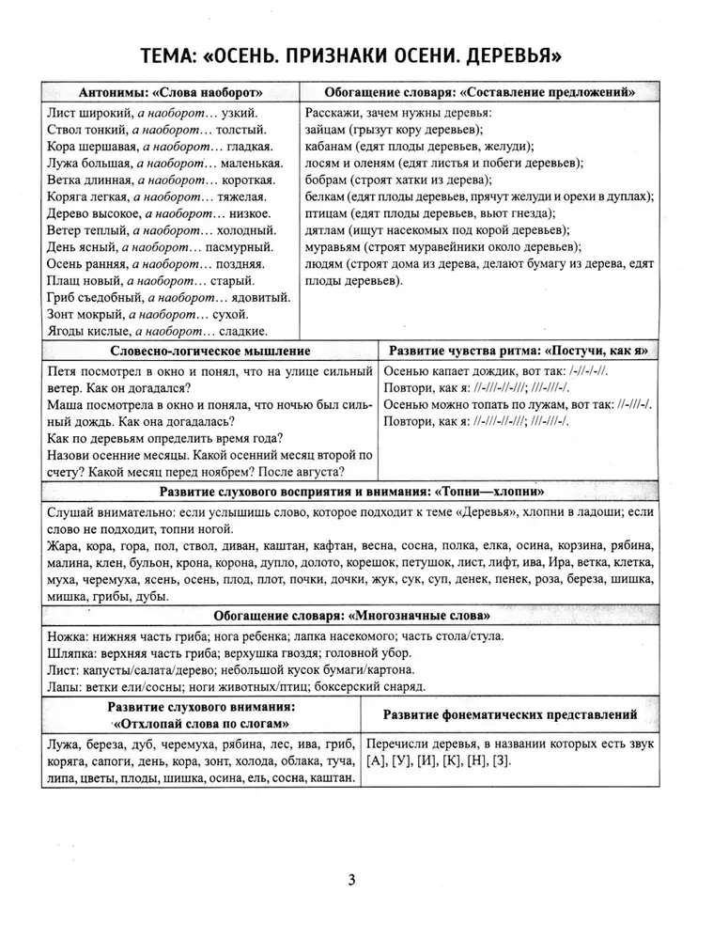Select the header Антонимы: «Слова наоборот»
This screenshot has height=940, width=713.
[170, 92]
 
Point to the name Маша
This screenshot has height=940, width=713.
[65, 406]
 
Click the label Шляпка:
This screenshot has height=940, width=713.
[72, 652]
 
